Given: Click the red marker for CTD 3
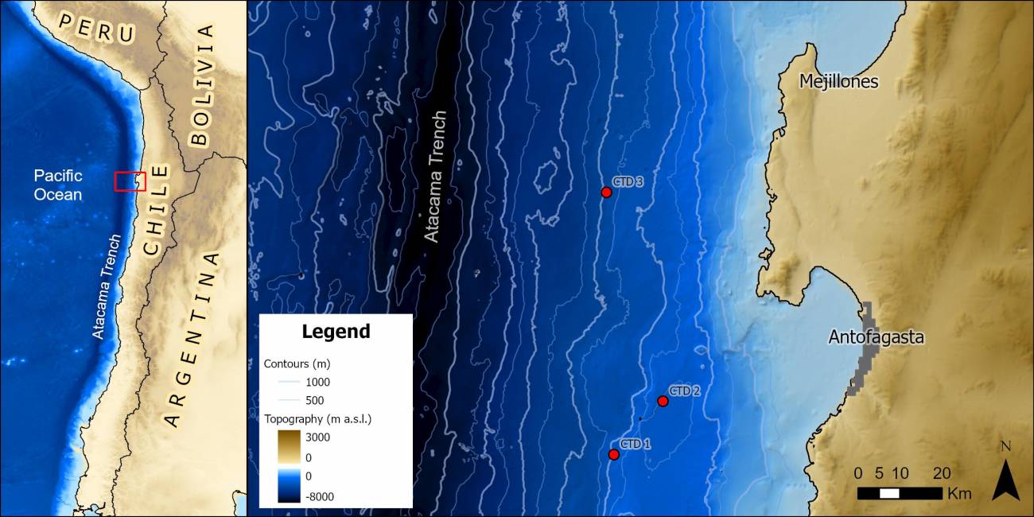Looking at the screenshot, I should click(x=606, y=192).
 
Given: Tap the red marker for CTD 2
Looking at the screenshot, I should click(x=663, y=402).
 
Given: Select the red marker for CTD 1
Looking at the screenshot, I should click(x=613, y=455).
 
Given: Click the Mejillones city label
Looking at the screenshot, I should click(x=839, y=82).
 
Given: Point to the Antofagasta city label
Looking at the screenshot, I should click(x=876, y=337).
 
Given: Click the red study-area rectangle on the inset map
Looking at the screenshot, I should click(x=130, y=181).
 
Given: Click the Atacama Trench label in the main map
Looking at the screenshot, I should click(x=434, y=176).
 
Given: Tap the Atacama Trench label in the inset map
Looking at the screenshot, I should click(x=107, y=286).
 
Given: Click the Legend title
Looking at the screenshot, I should click(x=335, y=332).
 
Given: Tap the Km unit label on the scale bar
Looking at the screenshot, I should click(x=959, y=494).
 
